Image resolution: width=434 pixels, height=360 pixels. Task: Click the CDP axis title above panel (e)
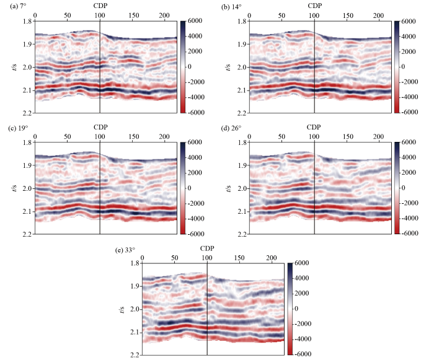click(208, 249)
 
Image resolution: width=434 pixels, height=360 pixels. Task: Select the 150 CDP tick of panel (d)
click(347, 136)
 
